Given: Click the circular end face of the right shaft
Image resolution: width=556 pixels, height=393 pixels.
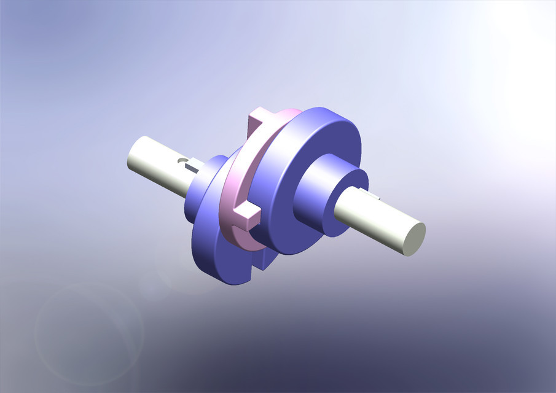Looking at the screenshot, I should pyautogui.click(x=413, y=239).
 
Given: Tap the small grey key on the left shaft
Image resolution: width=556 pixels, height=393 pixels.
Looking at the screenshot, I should pyautogui.click(x=191, y=165).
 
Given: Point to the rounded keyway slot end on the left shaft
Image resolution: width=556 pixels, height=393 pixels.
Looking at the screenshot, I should pyautogui.click(x=182, y=161).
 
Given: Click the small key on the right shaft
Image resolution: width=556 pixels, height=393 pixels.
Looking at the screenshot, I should pyautogui.click(x=375, y=196).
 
